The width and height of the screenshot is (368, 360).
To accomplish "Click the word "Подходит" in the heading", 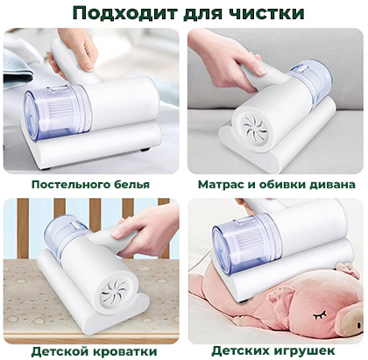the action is [124, 13].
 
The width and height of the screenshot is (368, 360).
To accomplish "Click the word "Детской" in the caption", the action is [60, 351].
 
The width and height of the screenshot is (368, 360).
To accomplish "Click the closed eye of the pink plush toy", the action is [320, 314].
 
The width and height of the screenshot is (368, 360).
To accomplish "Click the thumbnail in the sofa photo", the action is [261, 70].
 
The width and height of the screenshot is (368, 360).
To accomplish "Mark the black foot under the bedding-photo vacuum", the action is [145, 150].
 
